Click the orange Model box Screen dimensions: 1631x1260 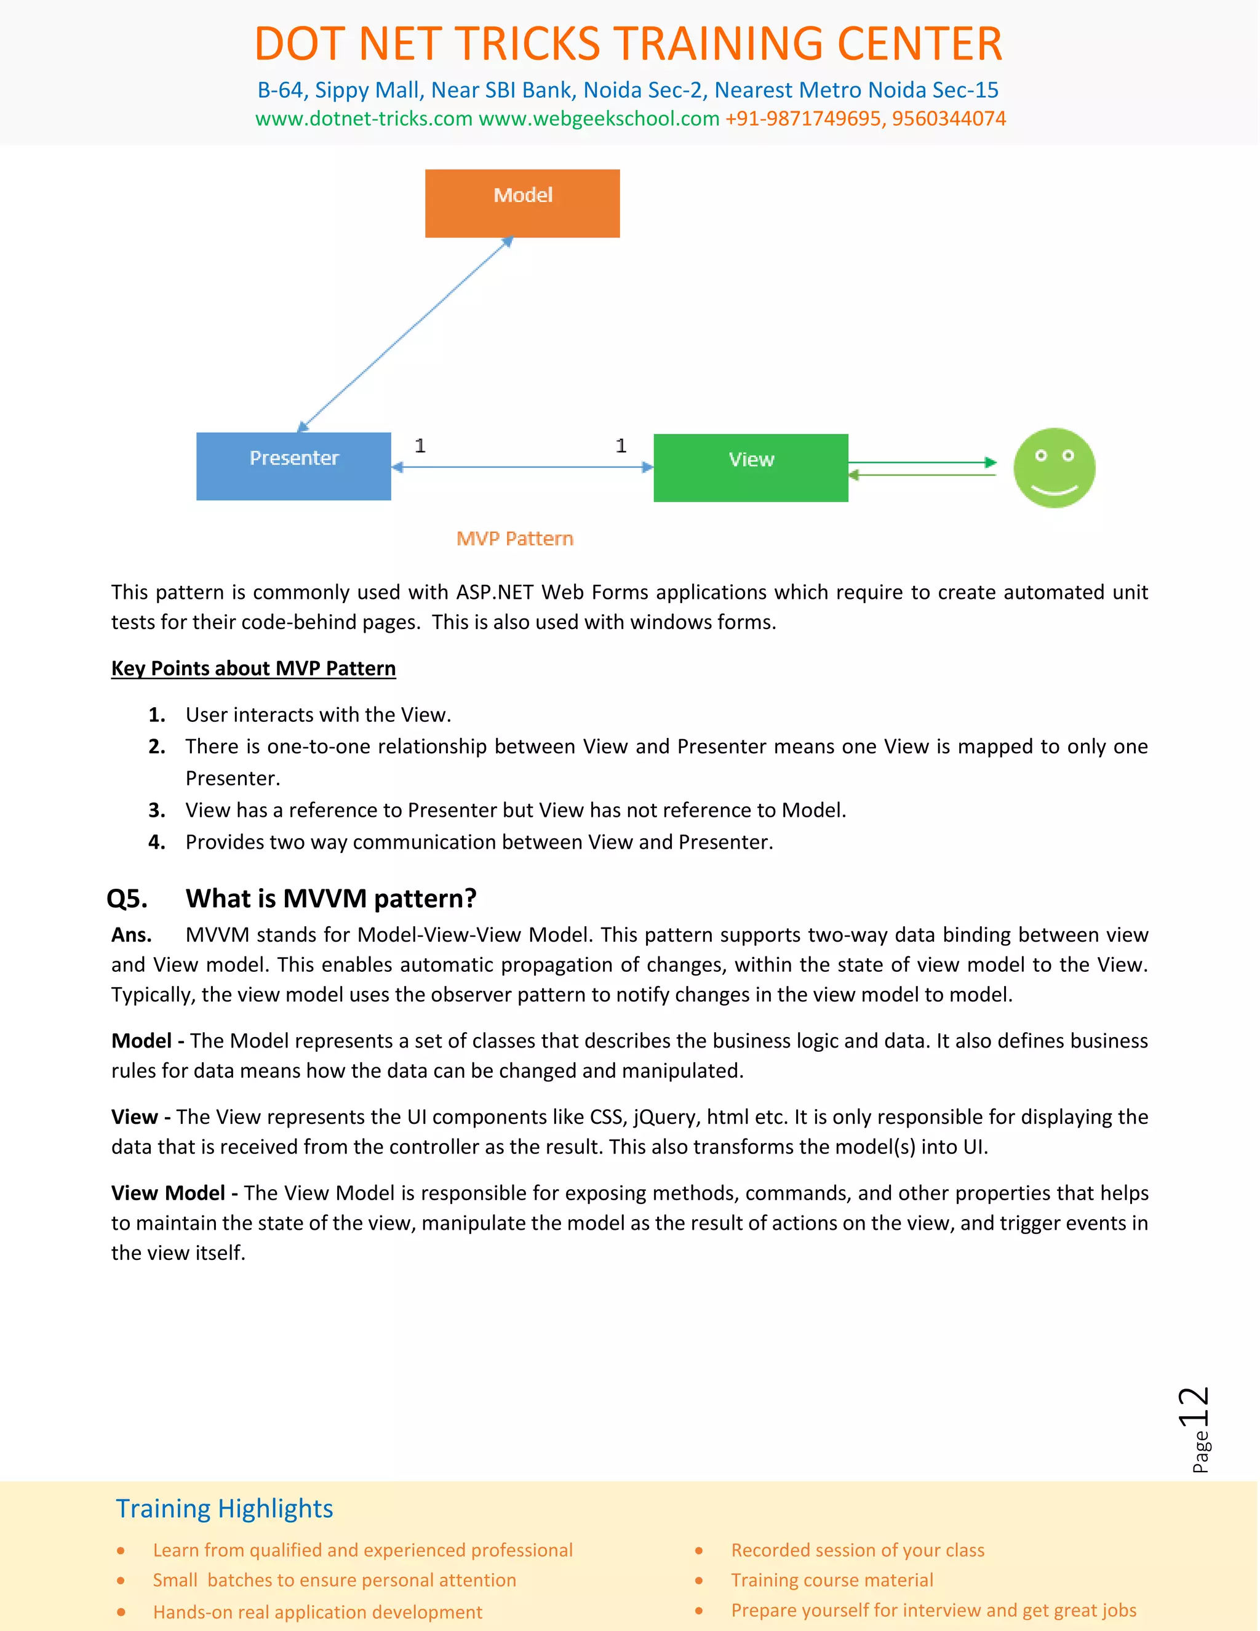tap(522, 203)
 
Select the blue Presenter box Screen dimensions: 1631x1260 tap(293, 466)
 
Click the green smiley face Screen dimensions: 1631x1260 tap(1053, 468)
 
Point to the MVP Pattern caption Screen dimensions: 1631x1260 tap(514, 539)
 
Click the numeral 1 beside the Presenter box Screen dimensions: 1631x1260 tap(420, 446)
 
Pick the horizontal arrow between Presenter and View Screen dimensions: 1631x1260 tap(522, 468)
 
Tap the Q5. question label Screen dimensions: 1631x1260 tap(127, 899)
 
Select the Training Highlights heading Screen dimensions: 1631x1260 tap(224, 1509)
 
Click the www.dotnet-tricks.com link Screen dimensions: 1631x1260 tap(364, 119)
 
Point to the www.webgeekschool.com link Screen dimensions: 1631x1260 tap(599, 119)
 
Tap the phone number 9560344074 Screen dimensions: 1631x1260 tap(949, 119)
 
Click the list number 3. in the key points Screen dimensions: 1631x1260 tap(157, 811)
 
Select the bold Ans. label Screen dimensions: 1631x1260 tap(132, 935)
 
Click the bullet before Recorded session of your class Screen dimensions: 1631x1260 tap(699, 1551)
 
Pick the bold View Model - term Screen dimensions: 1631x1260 tap(175, 1193)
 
